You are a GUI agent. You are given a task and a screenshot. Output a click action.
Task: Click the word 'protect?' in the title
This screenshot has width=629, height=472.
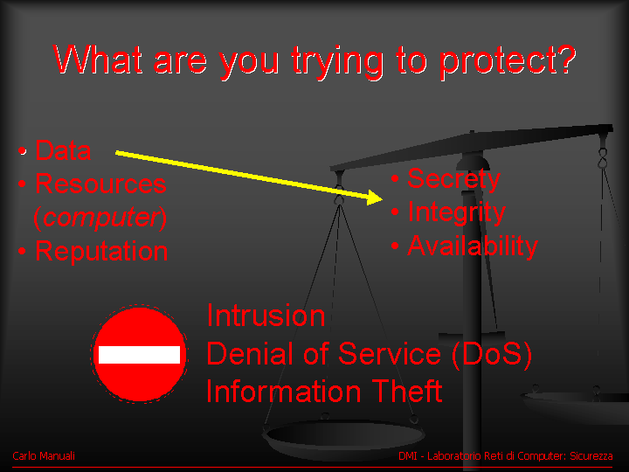[x=508, y=61]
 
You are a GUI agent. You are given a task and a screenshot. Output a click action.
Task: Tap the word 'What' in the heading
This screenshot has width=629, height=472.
[x=98, y=59]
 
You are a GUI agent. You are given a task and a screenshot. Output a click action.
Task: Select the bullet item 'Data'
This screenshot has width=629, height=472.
[x=63, y=150]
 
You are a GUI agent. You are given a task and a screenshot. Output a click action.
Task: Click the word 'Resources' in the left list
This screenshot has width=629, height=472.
[x=100, y=184]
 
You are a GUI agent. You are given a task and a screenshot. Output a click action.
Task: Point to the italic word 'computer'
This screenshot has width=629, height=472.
[x=101, y=217]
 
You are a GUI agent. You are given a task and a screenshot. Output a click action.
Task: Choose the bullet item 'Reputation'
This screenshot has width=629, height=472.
[x=101, y=252]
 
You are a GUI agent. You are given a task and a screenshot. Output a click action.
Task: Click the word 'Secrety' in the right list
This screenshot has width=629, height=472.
[x=453, y=179]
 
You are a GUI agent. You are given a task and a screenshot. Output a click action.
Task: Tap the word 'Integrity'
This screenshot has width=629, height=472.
[x=457, y=212]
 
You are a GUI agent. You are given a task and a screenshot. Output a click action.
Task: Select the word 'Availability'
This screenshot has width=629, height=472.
[x=473, y=246]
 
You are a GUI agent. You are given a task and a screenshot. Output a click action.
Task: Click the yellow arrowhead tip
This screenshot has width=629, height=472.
[x=383, y=198]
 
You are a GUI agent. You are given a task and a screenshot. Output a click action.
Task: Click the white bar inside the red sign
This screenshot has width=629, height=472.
[x=139, y=355]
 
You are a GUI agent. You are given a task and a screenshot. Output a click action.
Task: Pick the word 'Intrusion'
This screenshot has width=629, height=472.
[x=266, y=316]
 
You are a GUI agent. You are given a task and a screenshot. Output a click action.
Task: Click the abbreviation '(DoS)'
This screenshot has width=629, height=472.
[x=492, y=354]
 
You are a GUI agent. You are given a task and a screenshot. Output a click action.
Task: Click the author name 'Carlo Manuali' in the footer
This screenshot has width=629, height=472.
[x=44, y=456]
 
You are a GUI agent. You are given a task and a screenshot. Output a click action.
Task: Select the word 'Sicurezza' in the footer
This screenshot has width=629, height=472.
[x=591, y=456]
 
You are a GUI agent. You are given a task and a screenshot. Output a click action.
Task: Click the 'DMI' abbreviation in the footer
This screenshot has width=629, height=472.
[x=408, y=456]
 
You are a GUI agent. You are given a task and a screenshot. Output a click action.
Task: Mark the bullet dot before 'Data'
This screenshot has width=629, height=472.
[x=23, y=151]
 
